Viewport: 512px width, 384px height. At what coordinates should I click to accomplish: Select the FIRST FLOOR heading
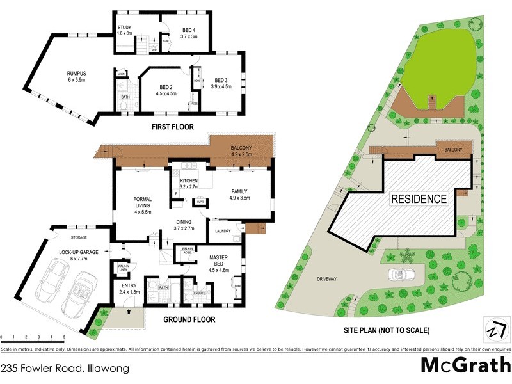pos(172,127)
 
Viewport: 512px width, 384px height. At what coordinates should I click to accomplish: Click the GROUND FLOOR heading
pos(189,319)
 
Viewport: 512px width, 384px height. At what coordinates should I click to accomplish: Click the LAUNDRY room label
pos(223,231)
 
